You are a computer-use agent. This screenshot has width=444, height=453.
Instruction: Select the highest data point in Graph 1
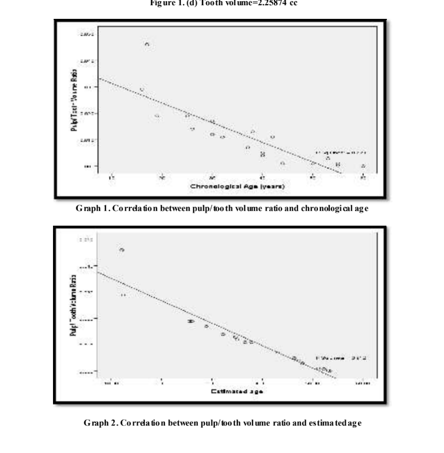147,44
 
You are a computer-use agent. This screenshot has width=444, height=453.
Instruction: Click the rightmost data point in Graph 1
363,166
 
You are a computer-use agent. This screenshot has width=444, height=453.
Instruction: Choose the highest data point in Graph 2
122,250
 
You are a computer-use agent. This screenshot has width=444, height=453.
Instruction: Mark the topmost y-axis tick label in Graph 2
85,240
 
